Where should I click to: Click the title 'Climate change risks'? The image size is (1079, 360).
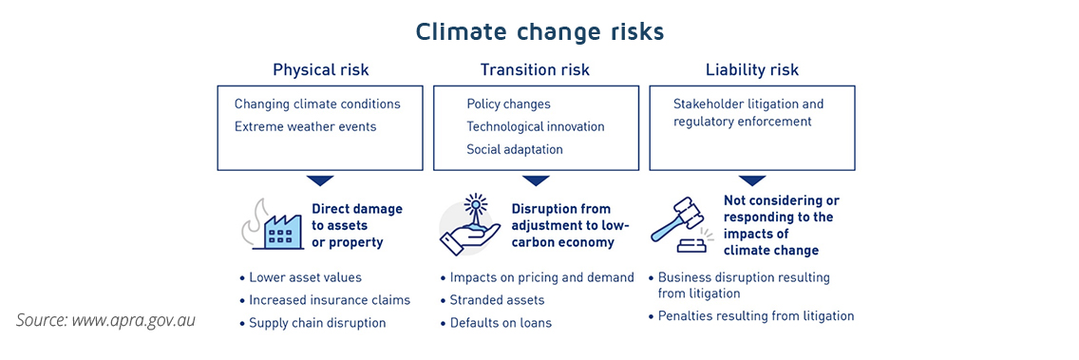539,31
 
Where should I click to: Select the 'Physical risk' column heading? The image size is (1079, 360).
320,70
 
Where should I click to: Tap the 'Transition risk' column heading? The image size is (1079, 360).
535,70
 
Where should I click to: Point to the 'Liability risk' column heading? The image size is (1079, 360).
751,70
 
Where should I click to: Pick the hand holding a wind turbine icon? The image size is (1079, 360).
471,225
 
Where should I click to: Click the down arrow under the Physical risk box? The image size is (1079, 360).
320,180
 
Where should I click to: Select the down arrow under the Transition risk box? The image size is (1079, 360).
536,180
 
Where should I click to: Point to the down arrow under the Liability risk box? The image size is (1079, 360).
752,180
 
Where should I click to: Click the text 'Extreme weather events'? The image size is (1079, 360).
305,126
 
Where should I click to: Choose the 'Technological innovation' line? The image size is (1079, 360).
535,126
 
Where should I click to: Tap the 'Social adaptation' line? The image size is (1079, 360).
514,149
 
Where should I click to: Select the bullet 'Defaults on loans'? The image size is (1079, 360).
501,323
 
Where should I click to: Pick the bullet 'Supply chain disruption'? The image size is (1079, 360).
317,323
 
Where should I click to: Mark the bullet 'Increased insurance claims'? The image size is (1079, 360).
330,300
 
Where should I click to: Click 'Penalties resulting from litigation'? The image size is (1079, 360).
756,316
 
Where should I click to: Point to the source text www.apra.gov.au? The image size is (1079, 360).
105,320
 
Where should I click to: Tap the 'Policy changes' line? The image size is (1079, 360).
508,104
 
